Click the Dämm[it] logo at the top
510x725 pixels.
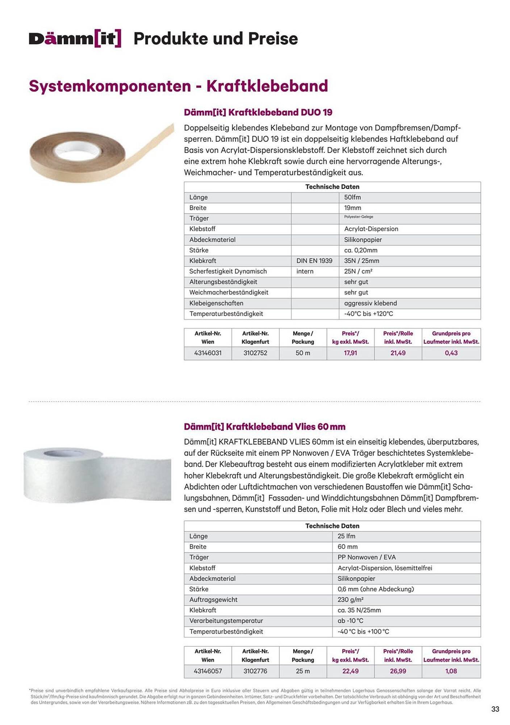click(75, 39)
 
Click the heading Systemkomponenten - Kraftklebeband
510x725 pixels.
click(178, 86)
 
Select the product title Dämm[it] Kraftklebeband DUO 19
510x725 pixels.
click(258, 112)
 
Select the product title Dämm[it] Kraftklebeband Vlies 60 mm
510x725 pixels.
click(264, 427)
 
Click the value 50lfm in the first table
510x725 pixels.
click(352, 198)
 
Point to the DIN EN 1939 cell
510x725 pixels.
click(314, 261)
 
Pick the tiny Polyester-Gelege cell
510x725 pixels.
click(359, 217)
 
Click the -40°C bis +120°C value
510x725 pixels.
click(368, 314)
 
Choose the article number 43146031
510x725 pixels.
click(208, 353)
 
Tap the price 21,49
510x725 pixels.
click(398, 353)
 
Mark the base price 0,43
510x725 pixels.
click(451, 353)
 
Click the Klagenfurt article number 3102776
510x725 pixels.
click(255, 671)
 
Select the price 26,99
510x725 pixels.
click(398, 671)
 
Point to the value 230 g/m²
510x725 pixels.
click(350, 600)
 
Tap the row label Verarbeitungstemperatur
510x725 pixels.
click(226, 621)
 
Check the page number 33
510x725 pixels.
click(495, 709)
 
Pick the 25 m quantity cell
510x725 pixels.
click(302, 671)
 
